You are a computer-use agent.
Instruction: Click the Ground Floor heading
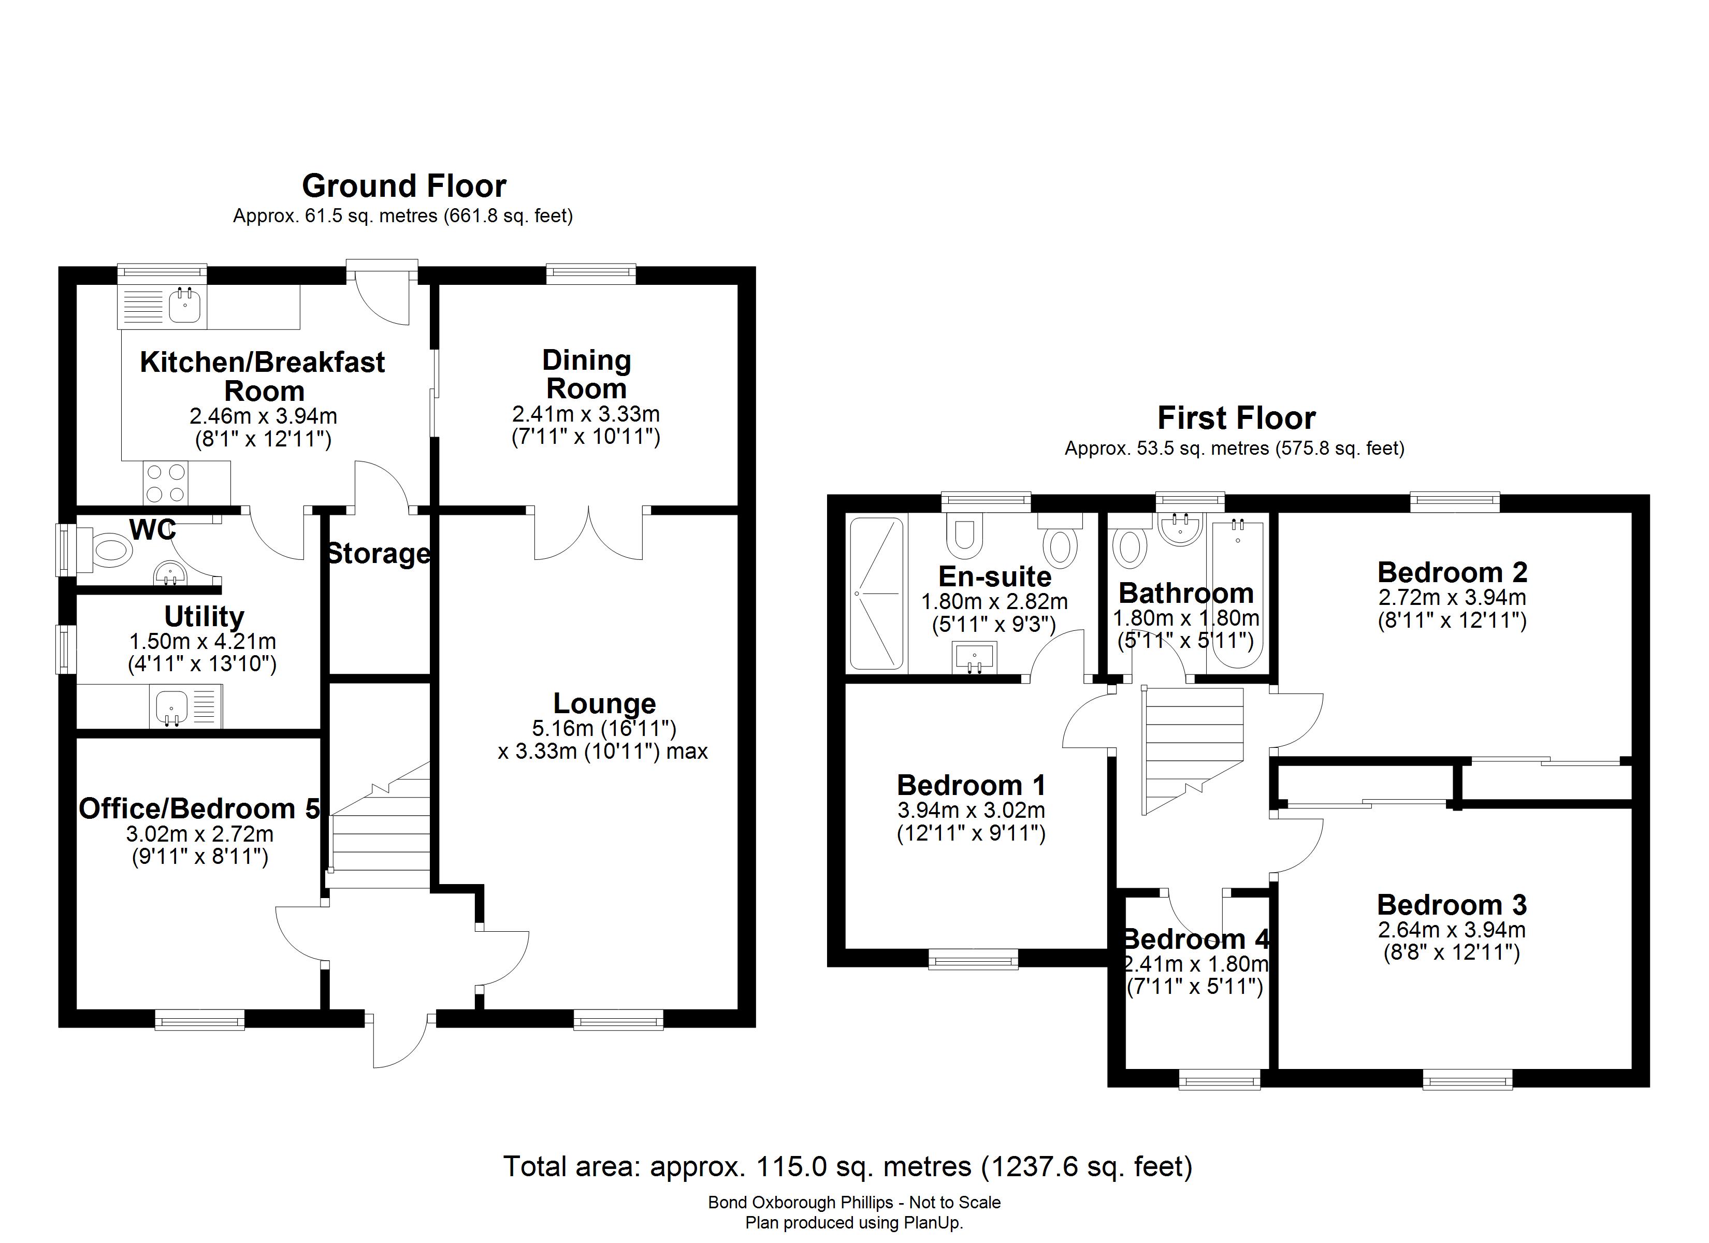click(x=404, y=186)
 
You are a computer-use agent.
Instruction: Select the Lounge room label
click(x=604, y=703)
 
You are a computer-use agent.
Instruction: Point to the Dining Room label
click(x=586, y=374)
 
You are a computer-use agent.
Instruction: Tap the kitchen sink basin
click(x=184, y=306)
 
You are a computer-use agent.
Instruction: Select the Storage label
click(x=378, y=554)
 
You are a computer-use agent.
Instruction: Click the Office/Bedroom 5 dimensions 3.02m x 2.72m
click(x=200, y=834)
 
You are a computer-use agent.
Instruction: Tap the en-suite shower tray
click(x=876, y=593)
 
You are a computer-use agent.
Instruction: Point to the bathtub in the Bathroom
click(x=1236, y=592)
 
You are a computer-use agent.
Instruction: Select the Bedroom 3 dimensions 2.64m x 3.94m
click(x=1451, y=930)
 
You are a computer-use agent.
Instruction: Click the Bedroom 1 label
click(x=972, y=786)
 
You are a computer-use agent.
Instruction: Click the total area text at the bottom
click(x=848, y=1167)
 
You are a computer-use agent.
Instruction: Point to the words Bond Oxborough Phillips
click(x=800, y=1203)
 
